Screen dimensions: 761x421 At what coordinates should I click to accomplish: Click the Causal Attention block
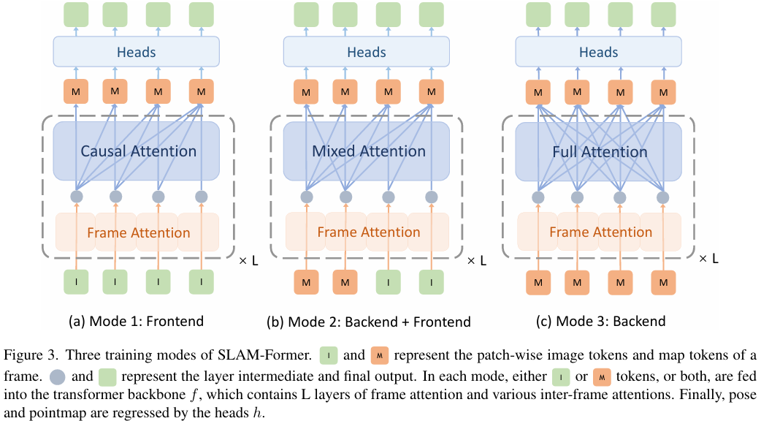[x=137, y=151]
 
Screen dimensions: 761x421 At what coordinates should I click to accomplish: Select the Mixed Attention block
[x=367, y=151]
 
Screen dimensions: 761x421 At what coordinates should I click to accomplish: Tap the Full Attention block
[x=598, y=151]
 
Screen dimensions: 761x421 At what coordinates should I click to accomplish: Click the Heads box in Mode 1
[x=137, y=52]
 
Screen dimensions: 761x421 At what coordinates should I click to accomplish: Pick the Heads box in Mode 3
[x=598, y=52]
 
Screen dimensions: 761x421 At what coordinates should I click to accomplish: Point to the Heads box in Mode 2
[x=367, y=52]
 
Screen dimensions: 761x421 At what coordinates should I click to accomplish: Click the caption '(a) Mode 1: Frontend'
[x=136, y=322]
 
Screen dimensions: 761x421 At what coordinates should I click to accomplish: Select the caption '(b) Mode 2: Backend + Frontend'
[x=369, y=322]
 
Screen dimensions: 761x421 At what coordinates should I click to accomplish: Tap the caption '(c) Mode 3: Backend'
[x=601, y=322]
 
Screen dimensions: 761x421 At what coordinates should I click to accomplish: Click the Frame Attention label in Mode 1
[x=138, y=232]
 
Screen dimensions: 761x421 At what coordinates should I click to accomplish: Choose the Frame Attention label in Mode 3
[x=601, y=232]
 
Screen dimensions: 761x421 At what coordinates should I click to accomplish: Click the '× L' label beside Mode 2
[x=477, y=261]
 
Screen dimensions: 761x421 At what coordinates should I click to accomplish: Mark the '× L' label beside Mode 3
[x=708, y=259]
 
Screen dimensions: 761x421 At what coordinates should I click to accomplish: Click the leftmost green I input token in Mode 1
[x=76, y=282]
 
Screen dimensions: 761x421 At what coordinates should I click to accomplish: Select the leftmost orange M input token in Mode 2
[x=306, y=282]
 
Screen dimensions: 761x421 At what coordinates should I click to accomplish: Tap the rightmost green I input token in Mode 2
[x=432, y=282]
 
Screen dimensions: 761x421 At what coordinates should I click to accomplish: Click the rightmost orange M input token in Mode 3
[x=663, y=282]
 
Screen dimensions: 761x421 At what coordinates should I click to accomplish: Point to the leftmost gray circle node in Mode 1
[x=77, y=197]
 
